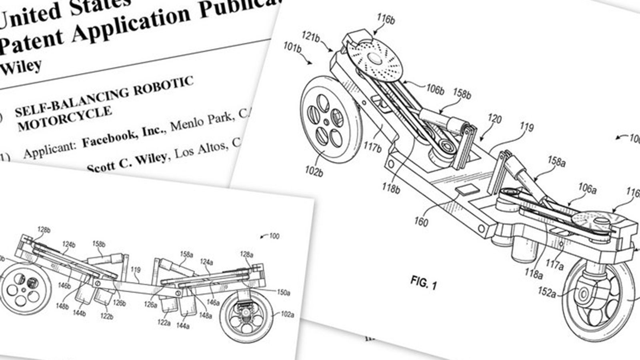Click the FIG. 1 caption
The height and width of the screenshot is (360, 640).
[424, 283]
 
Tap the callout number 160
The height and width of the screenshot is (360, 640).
[421, 221]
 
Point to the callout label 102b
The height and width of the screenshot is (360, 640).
[314, 172]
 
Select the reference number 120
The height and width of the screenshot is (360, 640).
[495, 119]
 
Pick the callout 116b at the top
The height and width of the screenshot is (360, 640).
[386, 19]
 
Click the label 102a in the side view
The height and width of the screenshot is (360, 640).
[287, 315]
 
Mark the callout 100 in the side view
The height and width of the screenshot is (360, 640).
[274, 236]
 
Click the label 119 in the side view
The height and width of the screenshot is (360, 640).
[136, 270]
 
